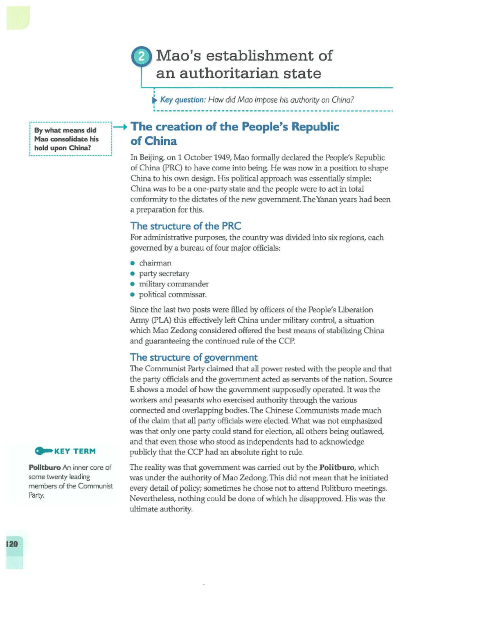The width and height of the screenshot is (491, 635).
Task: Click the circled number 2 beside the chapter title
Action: [x=141, y=56]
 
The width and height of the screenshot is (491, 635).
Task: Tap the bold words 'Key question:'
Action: [x=182, y=100]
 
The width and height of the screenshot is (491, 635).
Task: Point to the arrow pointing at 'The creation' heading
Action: [x=120, y=127]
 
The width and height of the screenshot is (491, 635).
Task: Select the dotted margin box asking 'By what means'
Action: [x=70, y=139]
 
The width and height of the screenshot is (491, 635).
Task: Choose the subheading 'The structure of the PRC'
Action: [x=185, y=226]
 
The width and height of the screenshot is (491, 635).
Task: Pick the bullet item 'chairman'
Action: [x=155, y=263]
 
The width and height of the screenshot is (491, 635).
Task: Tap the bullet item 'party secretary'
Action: [x=164, y=274]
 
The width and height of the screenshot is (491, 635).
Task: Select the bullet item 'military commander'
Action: [x=173, y=284]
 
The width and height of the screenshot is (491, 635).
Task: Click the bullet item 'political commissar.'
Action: [x=173, y=294]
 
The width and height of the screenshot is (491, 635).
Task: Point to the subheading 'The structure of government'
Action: [x=194, y=357]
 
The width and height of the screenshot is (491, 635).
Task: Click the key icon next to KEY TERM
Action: [x=43, y=451]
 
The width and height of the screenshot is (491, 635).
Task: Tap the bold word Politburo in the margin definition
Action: [x=45, y=467]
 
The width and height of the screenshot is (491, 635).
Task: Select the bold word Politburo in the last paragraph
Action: [x=336, y=467]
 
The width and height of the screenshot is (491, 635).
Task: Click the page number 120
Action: [x=12, y=544]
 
